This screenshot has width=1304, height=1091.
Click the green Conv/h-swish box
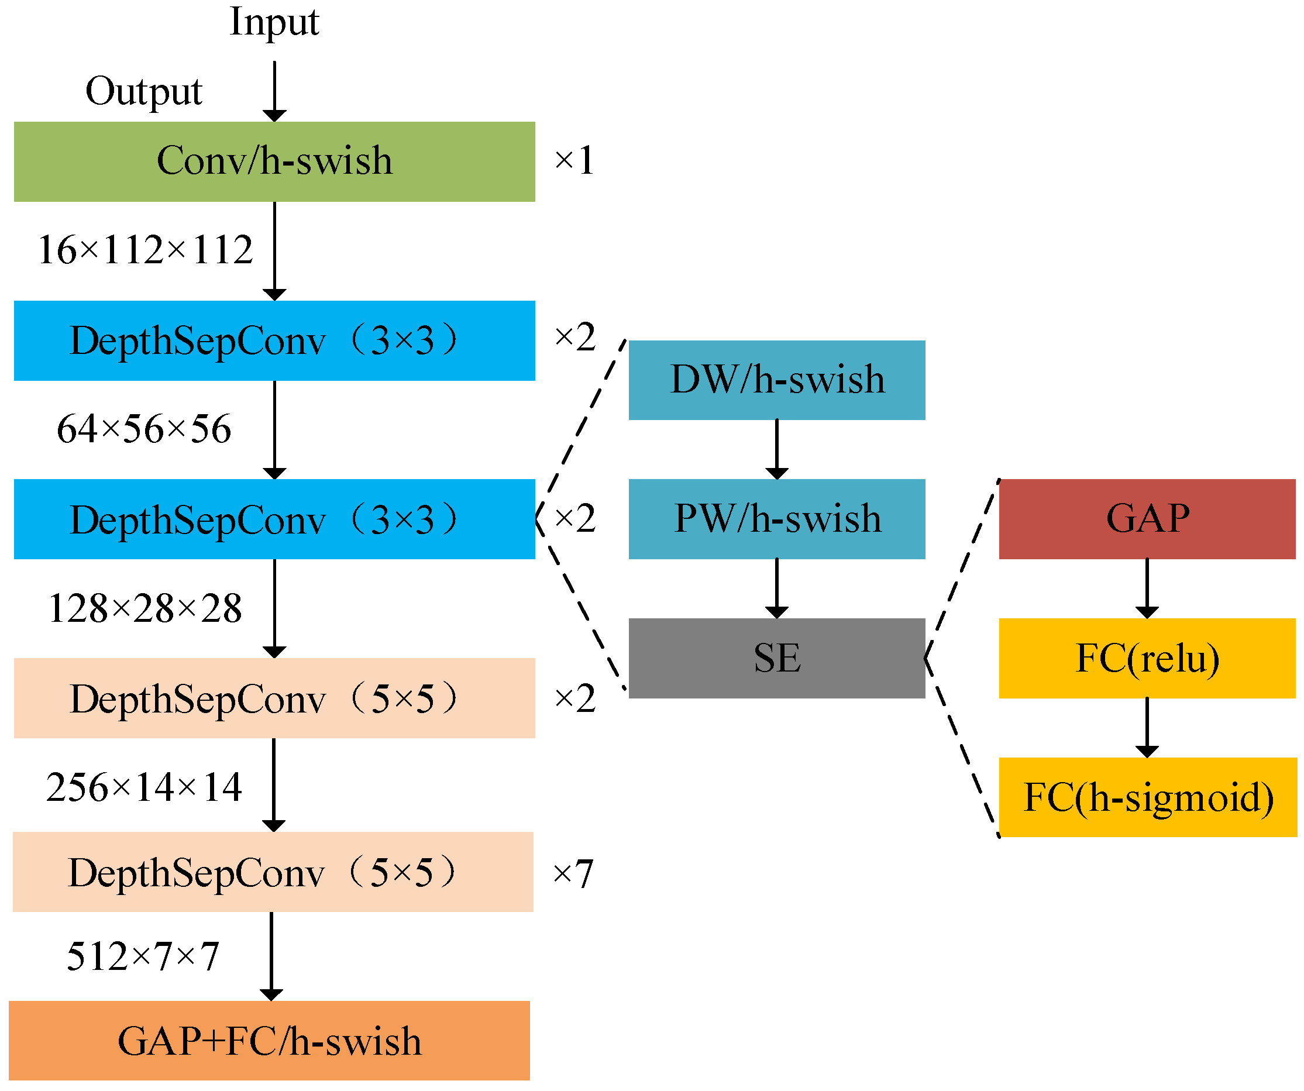[274, 161]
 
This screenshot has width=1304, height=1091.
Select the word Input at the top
[274, 22]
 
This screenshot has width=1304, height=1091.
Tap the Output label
[143, 92]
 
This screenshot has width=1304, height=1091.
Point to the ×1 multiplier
[574, 160]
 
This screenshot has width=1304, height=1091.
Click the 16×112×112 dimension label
[145, 250]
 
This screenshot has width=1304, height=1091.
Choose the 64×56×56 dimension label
[143, 429]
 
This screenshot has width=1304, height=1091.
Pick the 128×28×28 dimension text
[144, 608]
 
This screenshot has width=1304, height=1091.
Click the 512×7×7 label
[142, 956]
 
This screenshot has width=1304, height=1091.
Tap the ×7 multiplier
[573, 873]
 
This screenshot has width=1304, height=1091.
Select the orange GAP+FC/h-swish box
[269, 1041]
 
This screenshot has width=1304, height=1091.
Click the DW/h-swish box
[776, 380]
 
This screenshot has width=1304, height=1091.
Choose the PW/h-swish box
[776, 519]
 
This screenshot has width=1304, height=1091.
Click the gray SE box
[776, 658]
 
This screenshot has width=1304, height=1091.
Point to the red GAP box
[1146, 519]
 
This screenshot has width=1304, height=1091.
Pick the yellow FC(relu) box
[1146, 658]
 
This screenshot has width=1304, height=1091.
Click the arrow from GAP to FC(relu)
[1146, 587]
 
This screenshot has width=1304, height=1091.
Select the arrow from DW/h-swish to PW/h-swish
[776, 448]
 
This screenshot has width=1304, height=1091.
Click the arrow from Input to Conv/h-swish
[274, 90]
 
